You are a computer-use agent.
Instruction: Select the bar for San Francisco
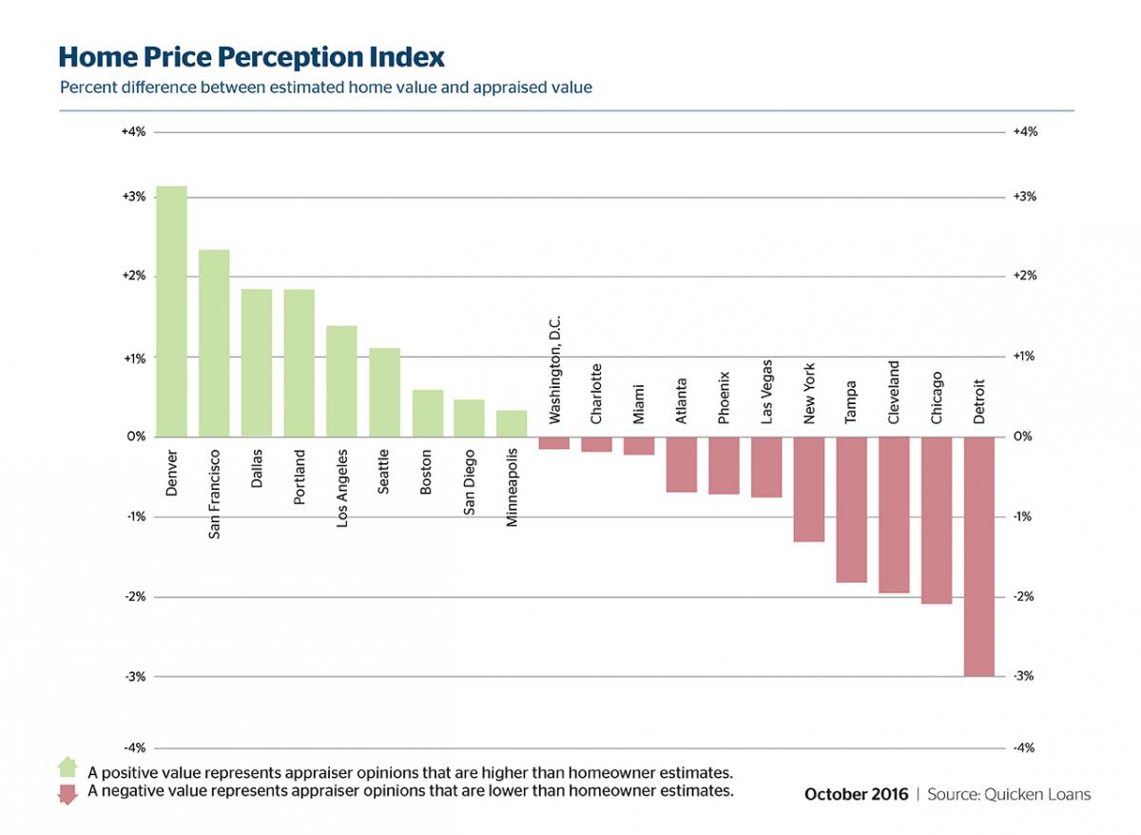[214, 343]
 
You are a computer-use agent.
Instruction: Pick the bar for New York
[808, 489]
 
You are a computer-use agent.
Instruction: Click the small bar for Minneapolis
[512, 424]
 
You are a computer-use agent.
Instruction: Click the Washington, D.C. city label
[555, 370]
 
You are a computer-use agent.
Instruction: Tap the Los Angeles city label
[342, 489]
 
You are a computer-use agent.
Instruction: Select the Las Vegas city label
[766, 391]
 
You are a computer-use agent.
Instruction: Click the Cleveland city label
[893, 392]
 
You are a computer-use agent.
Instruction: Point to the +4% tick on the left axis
[133, 132]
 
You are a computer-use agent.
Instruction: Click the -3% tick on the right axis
[1025, 676]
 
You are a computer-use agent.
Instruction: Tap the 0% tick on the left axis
[135, 437]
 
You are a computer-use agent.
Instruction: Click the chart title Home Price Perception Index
[251, 57]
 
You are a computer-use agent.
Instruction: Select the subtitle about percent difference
[325, 87]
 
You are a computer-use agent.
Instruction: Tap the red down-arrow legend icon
[68, 793]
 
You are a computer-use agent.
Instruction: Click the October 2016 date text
[856, 794]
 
